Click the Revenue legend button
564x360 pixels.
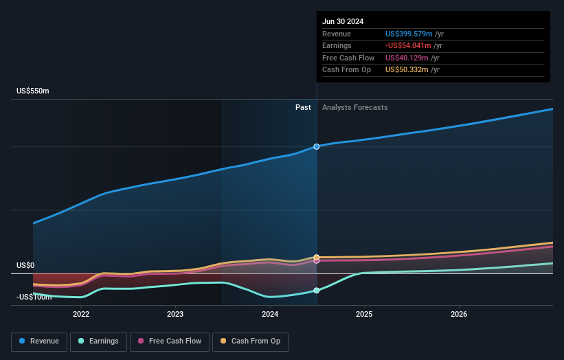pyautogui.click(x=40, y=341)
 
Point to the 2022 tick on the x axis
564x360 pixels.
pyautogui.click(x=81, y=314)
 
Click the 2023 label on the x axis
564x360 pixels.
pyautogui.click(x=175, y=314)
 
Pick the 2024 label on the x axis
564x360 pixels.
pyautogui.click(x=270, y=314)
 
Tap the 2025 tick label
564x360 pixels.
pyautogui.click(x=364, y=314)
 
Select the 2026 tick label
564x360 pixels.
pyautogui.click(x=459, y=314)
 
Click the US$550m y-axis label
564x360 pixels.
pyautogui.click(x=33, y=91)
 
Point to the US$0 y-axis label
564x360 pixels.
pyautogui.click(x=25, y=265)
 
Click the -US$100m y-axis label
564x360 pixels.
pyautogui.click(x=32, y=296)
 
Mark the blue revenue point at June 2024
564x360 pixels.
pyautogui.click(x=317, y=146)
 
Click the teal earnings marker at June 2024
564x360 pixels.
pyautogui.click(x=317, y=291)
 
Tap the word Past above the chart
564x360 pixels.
pyautogui.click(x=303, y=107)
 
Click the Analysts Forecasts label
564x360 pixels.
pyautogui.click(x=354, y=107)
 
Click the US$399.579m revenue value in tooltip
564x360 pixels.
pyautogui.click(x=409, y=34)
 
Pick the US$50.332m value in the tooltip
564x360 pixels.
pyautogui.click(x=407, y=69)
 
